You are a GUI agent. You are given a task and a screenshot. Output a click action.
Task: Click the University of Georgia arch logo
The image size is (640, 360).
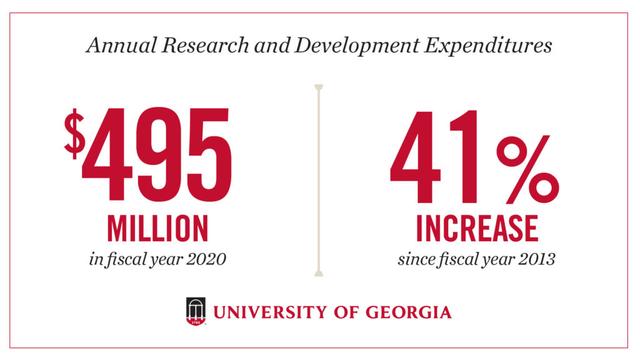click(x=196, y=311)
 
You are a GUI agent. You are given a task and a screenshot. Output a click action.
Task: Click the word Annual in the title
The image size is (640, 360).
click(x=112, y=46)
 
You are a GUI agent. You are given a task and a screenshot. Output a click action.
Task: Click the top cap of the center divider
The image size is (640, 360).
click(x=319, y=86)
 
